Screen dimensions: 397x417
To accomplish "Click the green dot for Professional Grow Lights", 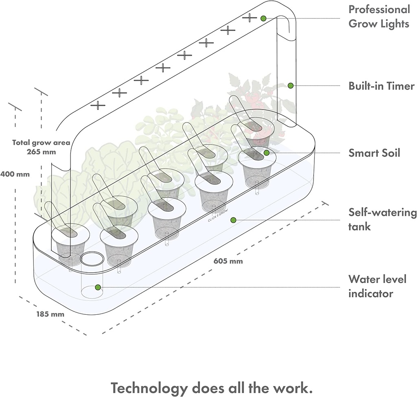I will click(263, 18).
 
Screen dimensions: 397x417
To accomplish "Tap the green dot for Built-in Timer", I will click(290, 86).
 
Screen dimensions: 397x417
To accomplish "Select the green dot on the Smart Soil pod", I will click(266, 153).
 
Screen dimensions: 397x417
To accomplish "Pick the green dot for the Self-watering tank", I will click(233, 220).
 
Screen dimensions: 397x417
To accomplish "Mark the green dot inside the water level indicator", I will click(98, 287).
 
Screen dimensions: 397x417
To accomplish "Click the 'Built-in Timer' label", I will click(381, 86).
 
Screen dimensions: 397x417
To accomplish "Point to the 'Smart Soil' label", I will click(374, 153).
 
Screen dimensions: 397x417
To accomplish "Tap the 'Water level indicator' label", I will click(377, 286).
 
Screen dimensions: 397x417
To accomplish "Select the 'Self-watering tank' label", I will click(382, 219).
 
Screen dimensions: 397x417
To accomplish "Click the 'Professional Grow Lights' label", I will click(379, 16).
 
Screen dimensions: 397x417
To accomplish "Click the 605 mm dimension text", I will click(228, 261).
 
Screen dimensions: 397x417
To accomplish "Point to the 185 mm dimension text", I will click(50, 314).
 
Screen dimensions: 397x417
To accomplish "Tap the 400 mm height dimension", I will click(15, 174).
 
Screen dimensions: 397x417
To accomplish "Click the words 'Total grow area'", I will click(41, 143).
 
